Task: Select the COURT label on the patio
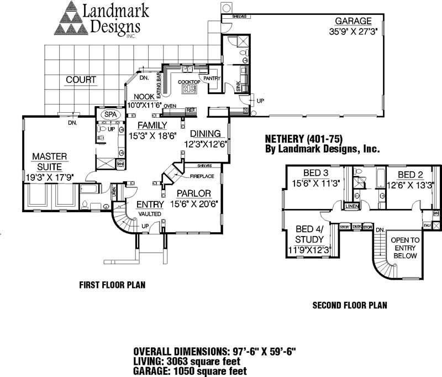coord(81,80)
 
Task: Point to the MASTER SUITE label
coord(49,161)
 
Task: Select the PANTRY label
coord(212,78)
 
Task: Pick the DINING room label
coord(206,134)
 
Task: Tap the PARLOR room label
coord(194,193)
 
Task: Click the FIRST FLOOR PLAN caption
coord(112,285)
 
